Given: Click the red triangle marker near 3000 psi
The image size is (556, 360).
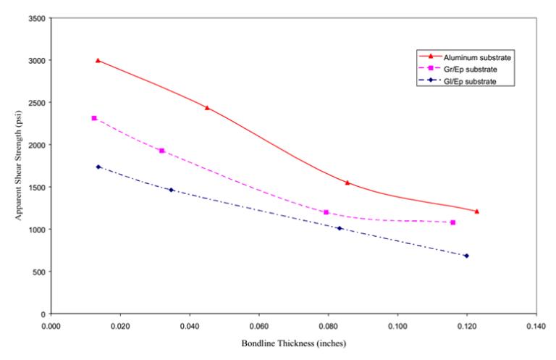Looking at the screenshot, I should (x=98, y=60).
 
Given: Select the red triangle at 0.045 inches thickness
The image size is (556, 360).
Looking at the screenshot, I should (x=207, y=108).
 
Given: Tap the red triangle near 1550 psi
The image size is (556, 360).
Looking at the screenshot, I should (x=347, y=183).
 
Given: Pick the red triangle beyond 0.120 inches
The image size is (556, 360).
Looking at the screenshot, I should (x=476, y=211).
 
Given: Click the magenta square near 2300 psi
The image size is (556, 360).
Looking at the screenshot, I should (x=94, y=118).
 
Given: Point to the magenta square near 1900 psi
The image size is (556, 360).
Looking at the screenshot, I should (x=161, y=151).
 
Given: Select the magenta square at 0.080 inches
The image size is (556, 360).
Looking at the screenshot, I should (x=326, y=212).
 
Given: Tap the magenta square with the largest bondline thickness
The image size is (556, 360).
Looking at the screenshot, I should (x=452, y=222).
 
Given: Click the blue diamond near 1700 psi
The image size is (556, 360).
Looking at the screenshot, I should (x=98, y=167).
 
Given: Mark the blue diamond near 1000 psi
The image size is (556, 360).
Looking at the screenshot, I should (x=340, y=229).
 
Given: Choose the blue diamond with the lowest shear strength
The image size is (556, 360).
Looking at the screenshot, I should (x=466, y=256).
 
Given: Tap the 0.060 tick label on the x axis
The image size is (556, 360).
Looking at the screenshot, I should (x=258, y=326).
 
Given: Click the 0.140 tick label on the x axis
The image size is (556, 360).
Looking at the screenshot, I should (x=536, y=326).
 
